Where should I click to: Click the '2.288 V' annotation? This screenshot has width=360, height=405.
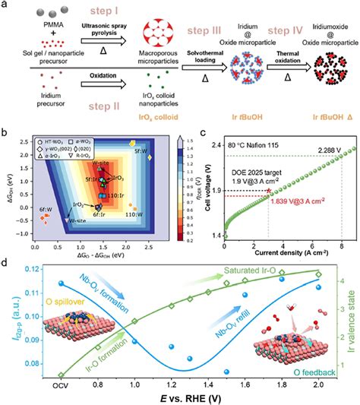(x=324, y=148)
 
